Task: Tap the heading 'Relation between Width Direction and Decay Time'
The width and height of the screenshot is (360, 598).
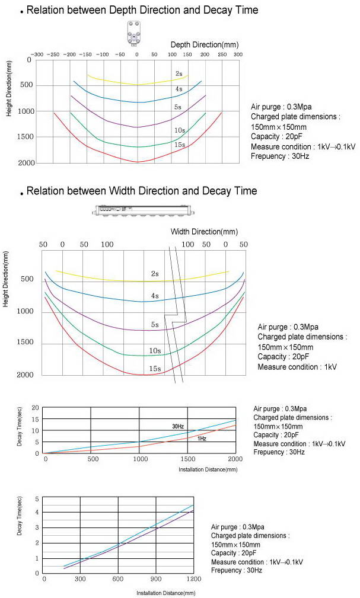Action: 142,191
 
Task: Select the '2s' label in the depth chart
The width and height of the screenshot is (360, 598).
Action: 179,73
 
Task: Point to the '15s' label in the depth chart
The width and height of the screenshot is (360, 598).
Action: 179,145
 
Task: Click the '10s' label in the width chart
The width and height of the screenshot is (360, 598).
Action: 155,351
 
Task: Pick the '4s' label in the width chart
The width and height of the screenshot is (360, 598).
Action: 155,295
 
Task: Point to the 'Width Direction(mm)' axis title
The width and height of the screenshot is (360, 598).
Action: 204,231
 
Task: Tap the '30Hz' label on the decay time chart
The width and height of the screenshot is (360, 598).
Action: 179,426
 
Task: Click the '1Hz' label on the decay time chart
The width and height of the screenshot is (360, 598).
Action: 202,439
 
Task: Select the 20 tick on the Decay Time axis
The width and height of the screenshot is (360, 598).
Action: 36,408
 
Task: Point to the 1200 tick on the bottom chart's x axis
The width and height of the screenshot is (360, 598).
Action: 194,578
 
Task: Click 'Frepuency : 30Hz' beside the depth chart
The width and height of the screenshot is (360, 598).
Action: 280,156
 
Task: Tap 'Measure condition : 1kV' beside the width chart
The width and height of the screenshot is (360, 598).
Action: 297,367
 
